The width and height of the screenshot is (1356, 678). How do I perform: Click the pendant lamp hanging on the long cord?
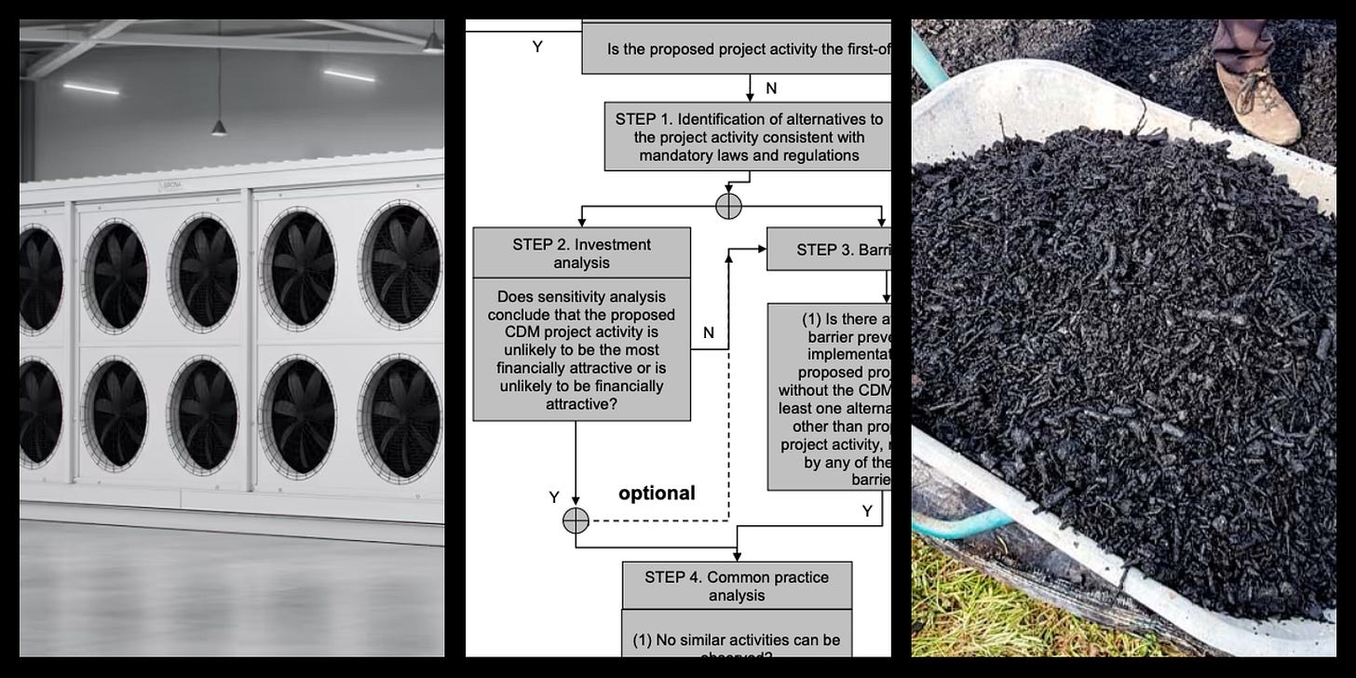218,126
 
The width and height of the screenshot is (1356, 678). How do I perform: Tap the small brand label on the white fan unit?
171,185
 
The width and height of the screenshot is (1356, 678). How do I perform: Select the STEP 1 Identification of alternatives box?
748,137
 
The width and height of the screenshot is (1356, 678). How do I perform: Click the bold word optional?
657,493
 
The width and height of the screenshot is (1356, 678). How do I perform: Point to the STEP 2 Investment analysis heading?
581,253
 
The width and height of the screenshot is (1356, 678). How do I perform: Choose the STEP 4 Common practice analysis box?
736,585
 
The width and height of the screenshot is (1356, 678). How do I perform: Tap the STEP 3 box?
828,250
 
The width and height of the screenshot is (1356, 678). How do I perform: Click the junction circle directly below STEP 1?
728,207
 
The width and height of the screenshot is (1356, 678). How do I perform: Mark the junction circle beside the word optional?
576,521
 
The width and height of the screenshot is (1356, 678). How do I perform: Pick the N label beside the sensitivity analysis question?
709,332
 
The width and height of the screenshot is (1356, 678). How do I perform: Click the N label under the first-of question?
771,88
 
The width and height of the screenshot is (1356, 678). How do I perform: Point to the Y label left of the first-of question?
537,47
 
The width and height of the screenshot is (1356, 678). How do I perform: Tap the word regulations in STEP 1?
810,156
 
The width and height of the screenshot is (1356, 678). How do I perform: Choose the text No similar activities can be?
737,640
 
